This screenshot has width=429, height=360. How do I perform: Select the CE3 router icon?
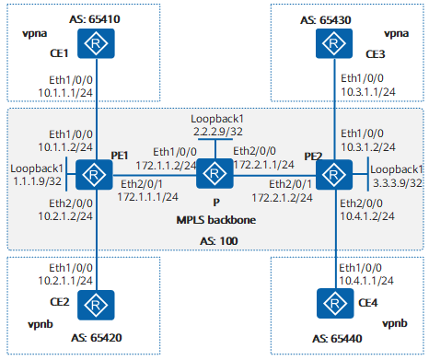(x=330, y=43)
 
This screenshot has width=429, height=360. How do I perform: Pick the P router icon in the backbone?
(x=214, y=172)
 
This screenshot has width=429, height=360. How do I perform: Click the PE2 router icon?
(x=330, y=172)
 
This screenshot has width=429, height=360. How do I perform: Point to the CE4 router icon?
(x=330, y=302)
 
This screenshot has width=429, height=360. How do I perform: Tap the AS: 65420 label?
(x=95, y=336)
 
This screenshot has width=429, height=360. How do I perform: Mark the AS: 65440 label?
(x=330, y=336)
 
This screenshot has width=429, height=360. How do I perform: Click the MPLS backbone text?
(x=215, y=222)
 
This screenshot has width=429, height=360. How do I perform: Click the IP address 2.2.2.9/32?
(x=215, y=132)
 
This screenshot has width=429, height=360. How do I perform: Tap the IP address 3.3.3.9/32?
(x=396, y=181)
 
